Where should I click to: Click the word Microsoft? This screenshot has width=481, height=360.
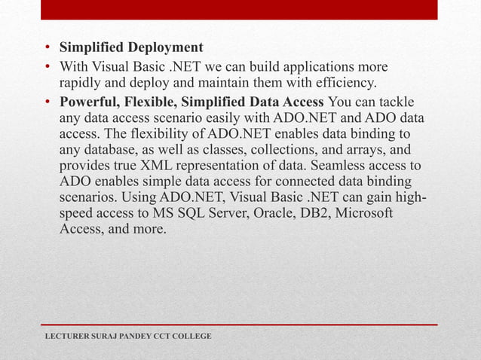point(362,213)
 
